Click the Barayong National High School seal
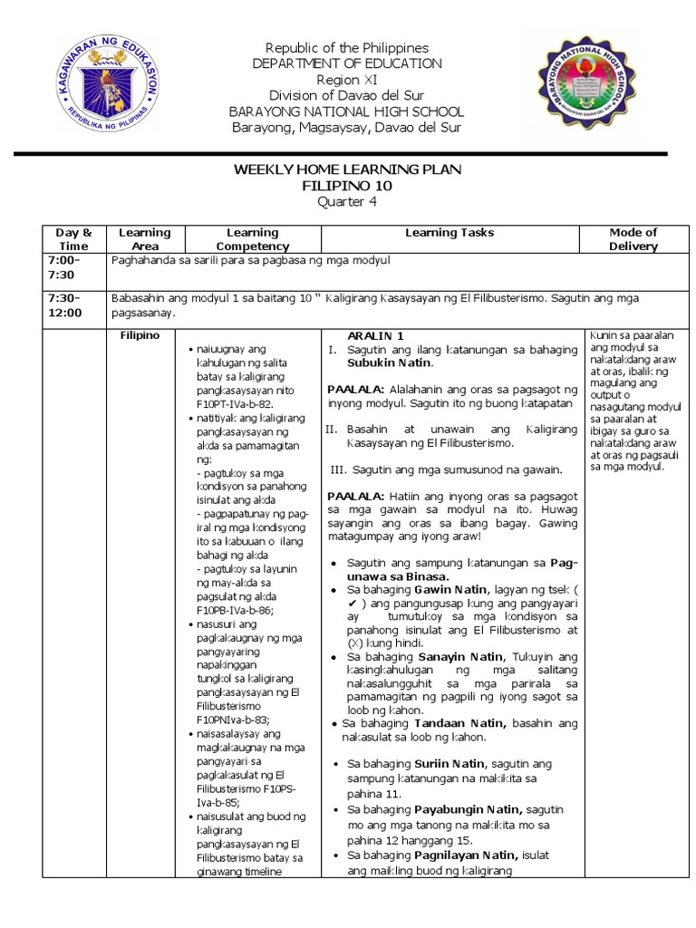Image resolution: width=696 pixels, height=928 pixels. coord(589,88)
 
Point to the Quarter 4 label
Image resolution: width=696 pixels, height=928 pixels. coord(348,202)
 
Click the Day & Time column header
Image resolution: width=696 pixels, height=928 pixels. coord(74,239)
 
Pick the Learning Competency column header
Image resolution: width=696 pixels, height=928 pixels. coord(252,239)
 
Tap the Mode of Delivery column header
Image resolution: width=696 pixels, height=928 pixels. coord(633,239)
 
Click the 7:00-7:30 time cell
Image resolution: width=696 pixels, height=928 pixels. coord(74,267)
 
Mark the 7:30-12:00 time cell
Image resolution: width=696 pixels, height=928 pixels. coord(74,305)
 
